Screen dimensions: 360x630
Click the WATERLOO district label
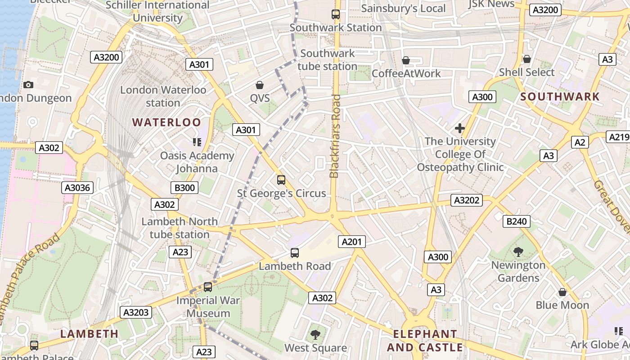(x=166, y=122)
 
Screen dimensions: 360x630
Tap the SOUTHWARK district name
(x=560, y=97)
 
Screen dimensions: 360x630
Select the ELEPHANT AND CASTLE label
(x=425, y=341)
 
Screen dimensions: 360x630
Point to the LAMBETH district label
(x=89, y=334)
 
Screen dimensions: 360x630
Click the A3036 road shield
(x=77, y=188)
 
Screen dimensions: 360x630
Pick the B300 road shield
(x=184, y=188)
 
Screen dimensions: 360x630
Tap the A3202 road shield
(x=467, y=200)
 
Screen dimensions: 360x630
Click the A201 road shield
(x=351, y=242)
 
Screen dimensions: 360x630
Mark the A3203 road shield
(x=136, y=312)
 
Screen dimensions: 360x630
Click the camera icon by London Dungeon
(x=28, y=85)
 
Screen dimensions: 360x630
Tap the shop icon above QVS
(x=260, y=85)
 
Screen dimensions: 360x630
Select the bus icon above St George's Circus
(x=281, y=180)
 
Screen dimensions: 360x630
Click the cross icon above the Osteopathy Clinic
(x=459, y=128)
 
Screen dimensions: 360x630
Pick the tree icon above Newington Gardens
(x=518, y=252)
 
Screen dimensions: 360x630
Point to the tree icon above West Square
(x=315, y=334)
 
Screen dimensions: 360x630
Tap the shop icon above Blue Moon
(x=562, y=292)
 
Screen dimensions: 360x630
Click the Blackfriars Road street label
(x=335, y=136)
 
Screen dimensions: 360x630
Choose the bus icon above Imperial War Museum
(x=208, y=287)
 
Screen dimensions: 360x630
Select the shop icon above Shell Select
(x=526, y=59)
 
